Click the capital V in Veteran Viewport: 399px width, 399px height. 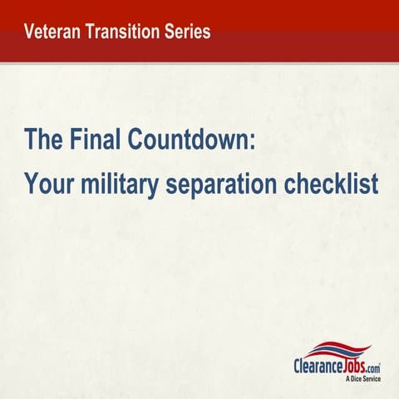pos(30,32)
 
